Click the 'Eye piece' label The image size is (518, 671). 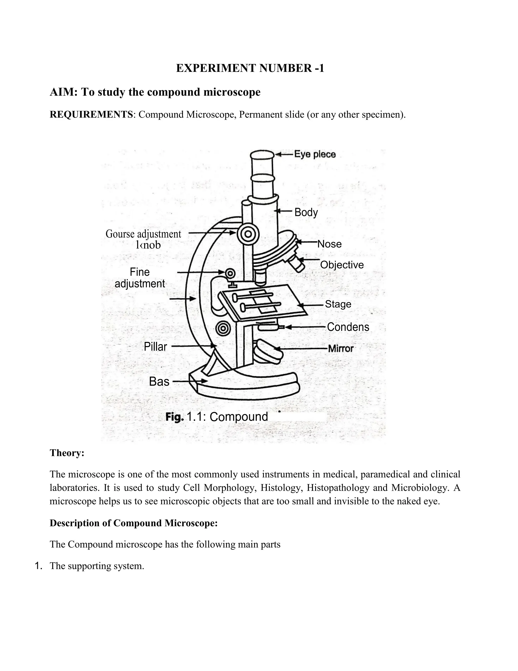tap(315, 154)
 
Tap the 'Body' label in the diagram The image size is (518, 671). tap(306, 212)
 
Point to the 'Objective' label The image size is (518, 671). tap(342, 265)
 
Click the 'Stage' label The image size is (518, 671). tap(338, 304)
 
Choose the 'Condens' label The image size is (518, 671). tap(348, 327)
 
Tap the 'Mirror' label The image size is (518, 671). tap(341, 348)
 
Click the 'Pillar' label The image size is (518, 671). tap(155, 347)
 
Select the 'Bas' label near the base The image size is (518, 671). tap(159, 382)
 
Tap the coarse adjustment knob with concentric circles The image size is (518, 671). tap(248, 234)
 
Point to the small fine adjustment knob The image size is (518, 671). tap(230, 273)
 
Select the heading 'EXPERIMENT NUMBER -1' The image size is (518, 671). tap(250, 68)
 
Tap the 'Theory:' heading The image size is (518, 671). tap(67, 453)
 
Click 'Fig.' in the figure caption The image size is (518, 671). tap(175, 417)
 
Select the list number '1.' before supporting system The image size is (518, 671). tap(39, 566)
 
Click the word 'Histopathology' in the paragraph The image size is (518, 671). tap(338, 488)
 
